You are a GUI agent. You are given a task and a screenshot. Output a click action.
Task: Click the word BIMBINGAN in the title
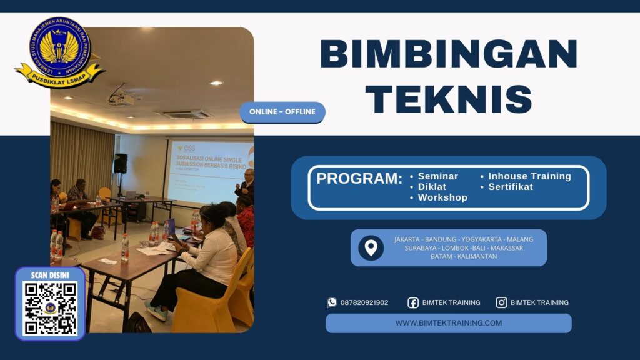[449, 54]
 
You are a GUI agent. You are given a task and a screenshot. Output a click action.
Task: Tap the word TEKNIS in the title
[449, 98]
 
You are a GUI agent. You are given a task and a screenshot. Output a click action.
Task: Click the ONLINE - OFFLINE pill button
[282, 112]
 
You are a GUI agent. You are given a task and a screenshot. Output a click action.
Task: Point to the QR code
[50, 308]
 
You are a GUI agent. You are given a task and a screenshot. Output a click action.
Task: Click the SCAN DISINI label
[50, 275]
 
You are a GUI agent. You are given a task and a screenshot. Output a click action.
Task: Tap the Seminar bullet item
[437, 176]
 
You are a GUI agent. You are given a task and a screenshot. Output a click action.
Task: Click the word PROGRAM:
[359, 178]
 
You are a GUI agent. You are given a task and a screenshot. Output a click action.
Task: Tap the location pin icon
[371, 248]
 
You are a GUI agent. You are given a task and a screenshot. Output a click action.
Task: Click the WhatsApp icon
[332, 302]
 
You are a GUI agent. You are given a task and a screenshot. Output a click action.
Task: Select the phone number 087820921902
[364, 302]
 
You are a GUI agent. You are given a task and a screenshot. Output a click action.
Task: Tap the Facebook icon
[413, 302]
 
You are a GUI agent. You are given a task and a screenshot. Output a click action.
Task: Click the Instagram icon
[501, 302]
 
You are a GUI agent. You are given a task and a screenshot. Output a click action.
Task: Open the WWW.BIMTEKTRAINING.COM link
[448, 323]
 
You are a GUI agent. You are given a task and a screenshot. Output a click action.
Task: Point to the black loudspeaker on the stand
[121, 163]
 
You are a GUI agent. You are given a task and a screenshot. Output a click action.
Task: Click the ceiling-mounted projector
[121, 98]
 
